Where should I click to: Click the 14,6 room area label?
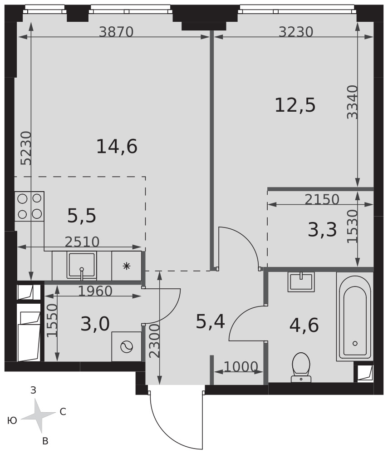(117, 147)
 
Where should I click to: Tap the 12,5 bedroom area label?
(295, 105)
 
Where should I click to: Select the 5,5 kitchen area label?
(82, 216)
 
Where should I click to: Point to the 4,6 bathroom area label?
(304, 325)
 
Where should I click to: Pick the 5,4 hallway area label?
(211, 321)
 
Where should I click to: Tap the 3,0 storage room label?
(95, 324)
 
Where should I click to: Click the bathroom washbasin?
(301, 281)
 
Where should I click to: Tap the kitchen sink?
(81, 266)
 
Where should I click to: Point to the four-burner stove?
(29, 206)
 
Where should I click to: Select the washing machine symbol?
(127, 346)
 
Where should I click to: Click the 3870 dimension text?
(116, 32)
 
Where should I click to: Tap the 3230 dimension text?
(296, 32)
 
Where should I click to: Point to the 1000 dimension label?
(241, 367)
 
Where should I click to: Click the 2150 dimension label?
(322, 199)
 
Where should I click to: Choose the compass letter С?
(63, 411)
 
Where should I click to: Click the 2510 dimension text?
(82, 242)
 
